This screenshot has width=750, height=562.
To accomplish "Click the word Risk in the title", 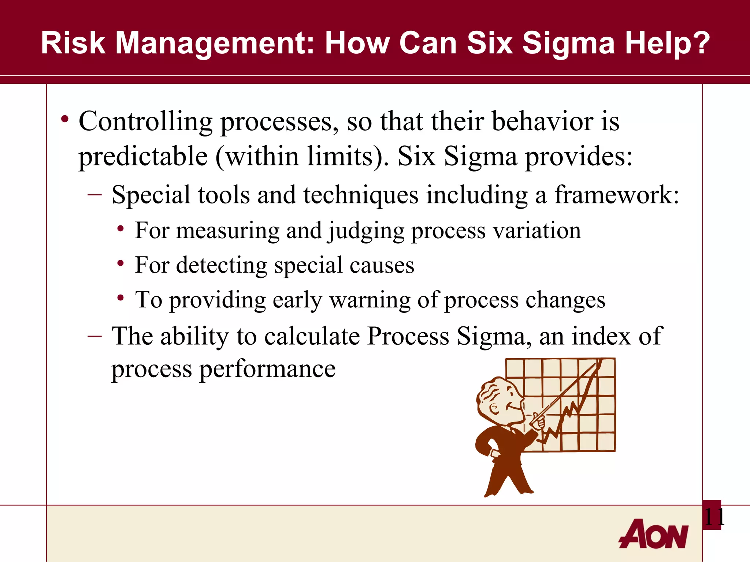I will pos(73,43).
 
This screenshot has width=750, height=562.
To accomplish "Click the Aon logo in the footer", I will pos(654,534).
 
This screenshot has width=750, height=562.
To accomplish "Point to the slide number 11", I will pos(713,517).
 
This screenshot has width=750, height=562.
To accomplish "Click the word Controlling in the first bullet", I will pos(145,121).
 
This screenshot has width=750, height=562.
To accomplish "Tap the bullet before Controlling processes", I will pos(65,119).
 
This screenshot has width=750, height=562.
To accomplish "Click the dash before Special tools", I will pos(95,194).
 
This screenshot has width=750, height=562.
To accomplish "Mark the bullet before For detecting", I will pos(120,263).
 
